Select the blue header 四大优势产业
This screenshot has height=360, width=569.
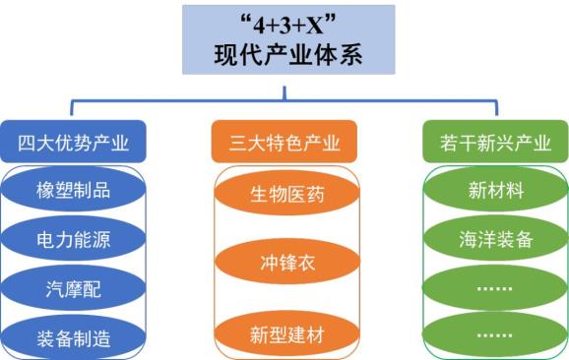[x=74, y=143]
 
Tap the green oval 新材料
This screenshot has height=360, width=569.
[x=495, y=190]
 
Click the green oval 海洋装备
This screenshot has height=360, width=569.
[x=495, y=239]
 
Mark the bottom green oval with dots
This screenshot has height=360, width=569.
[x=495, y=334]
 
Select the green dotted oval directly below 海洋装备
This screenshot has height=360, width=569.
[x=495, y=288]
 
